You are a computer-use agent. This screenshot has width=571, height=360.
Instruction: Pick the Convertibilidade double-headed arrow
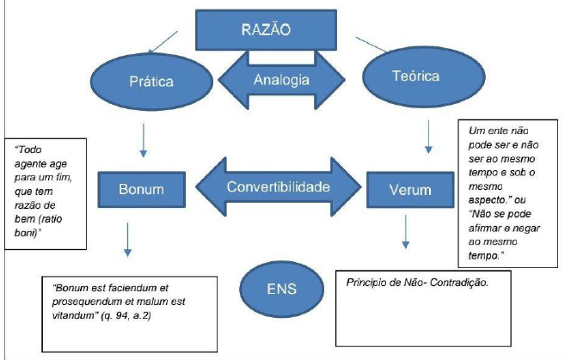(276, 186)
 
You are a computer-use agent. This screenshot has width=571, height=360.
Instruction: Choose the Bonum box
(140, 186)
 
